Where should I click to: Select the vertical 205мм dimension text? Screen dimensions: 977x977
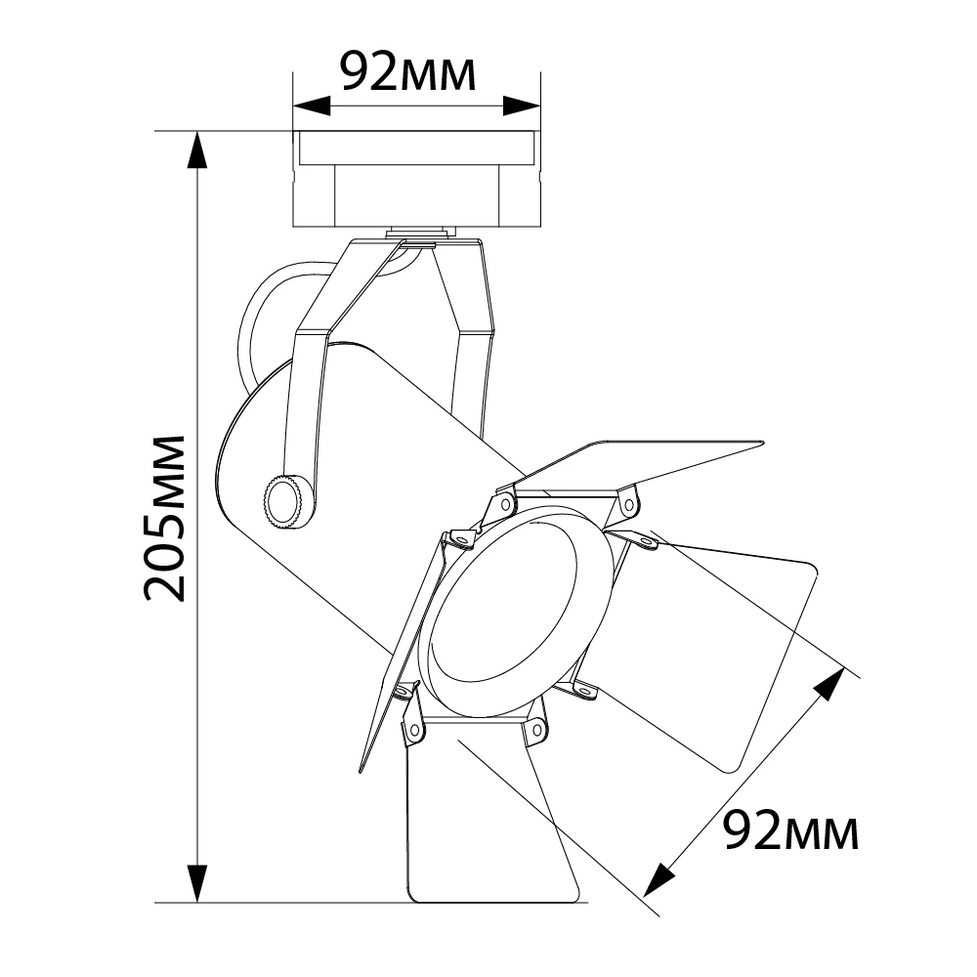pos(164,519)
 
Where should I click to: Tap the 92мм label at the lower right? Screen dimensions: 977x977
pos(790,829)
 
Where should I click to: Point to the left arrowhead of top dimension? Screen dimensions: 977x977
pos(312,106)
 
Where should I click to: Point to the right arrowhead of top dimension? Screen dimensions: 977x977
pos(522,106)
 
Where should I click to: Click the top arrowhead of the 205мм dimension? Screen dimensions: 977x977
pos(197,150)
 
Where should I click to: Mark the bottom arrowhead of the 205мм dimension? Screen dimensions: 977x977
pos(197,883)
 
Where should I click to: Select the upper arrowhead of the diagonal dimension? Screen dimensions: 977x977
pos(830,684)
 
